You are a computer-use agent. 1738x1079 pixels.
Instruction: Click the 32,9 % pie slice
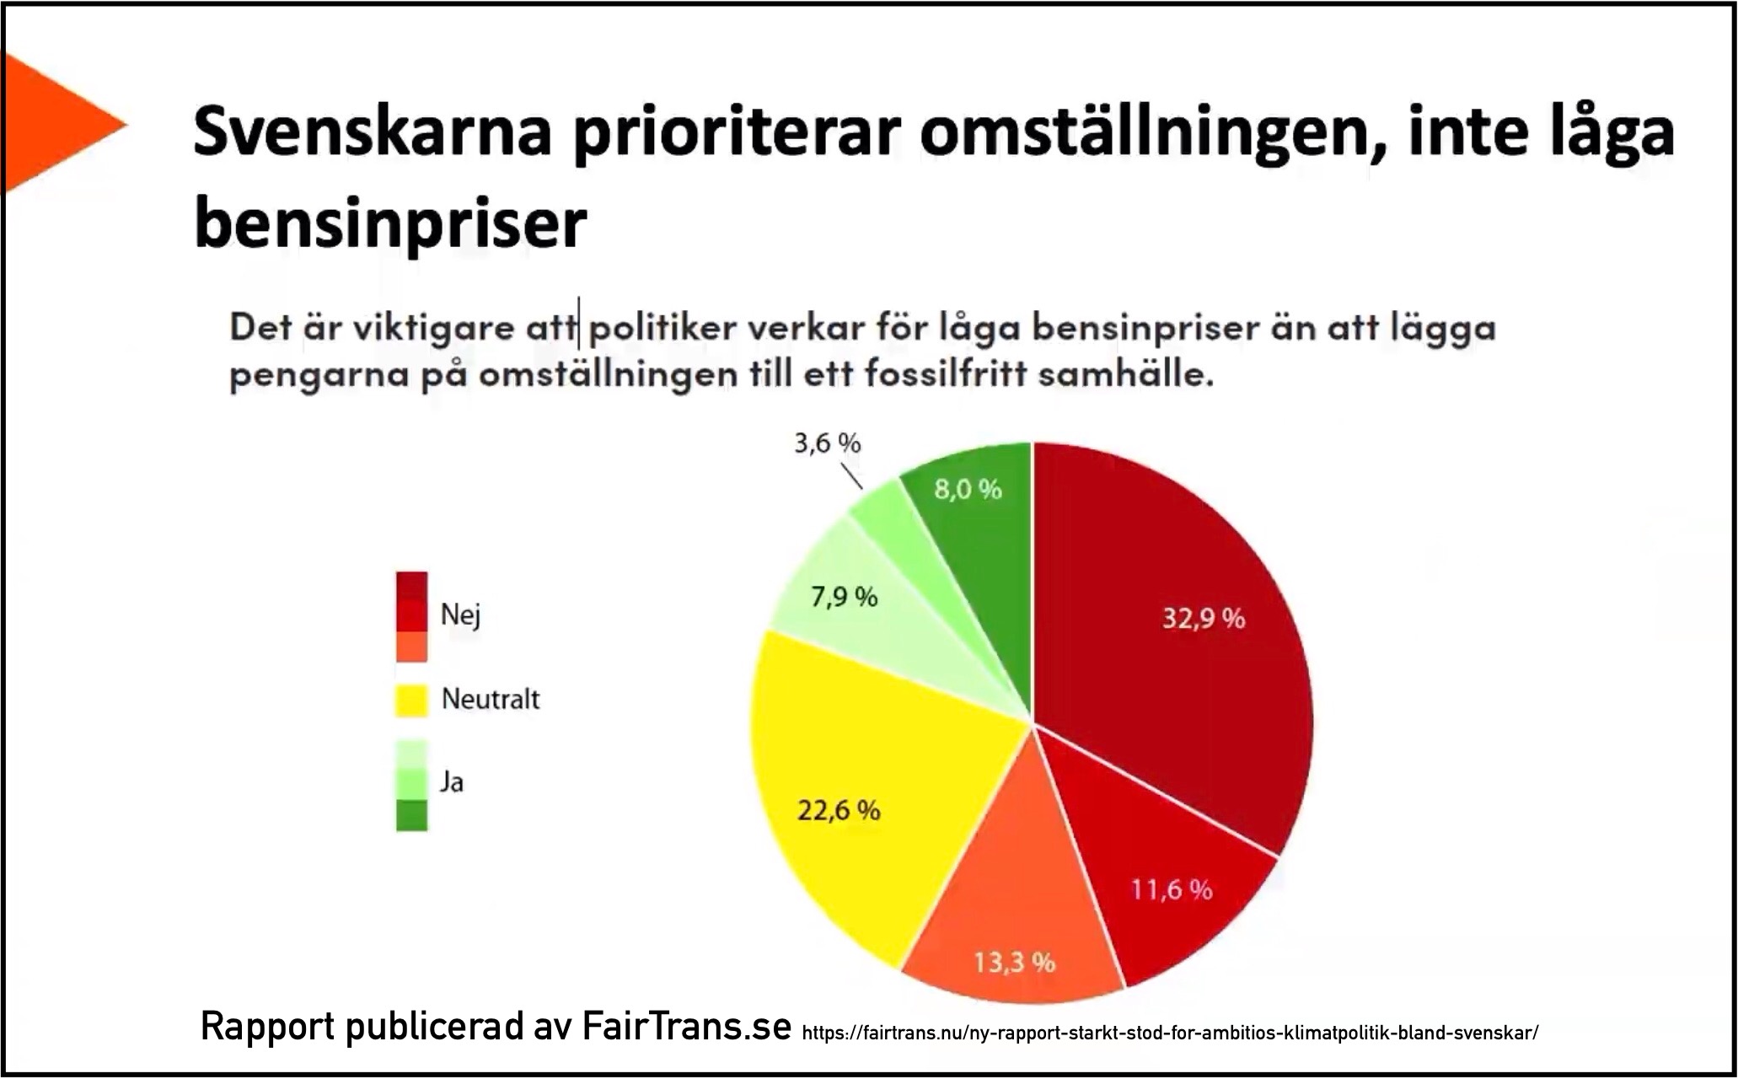click(x=1180, y=641)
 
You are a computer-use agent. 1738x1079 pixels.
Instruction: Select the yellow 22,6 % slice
click(x=851, y=801)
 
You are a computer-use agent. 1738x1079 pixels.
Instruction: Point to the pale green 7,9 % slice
click(x=860, y=607)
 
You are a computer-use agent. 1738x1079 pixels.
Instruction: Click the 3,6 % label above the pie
click(x=828, y=443)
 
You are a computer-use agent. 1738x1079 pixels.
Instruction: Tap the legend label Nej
click(x=460, y=615)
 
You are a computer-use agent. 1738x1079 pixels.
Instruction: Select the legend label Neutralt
click(x=491, y=699)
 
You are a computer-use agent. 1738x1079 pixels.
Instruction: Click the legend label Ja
click(x=452, y=782)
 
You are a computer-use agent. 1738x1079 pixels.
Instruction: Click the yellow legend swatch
click(x=411, y=701)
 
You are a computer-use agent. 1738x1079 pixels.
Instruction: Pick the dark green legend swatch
click(x=411, y=815)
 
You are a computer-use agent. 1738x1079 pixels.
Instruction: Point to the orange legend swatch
click(x=411, y=647)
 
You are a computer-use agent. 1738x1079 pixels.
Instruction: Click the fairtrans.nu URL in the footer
click(x=1170, y=1033)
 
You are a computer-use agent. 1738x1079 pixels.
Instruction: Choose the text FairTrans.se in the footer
click(x=687, y=1027)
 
